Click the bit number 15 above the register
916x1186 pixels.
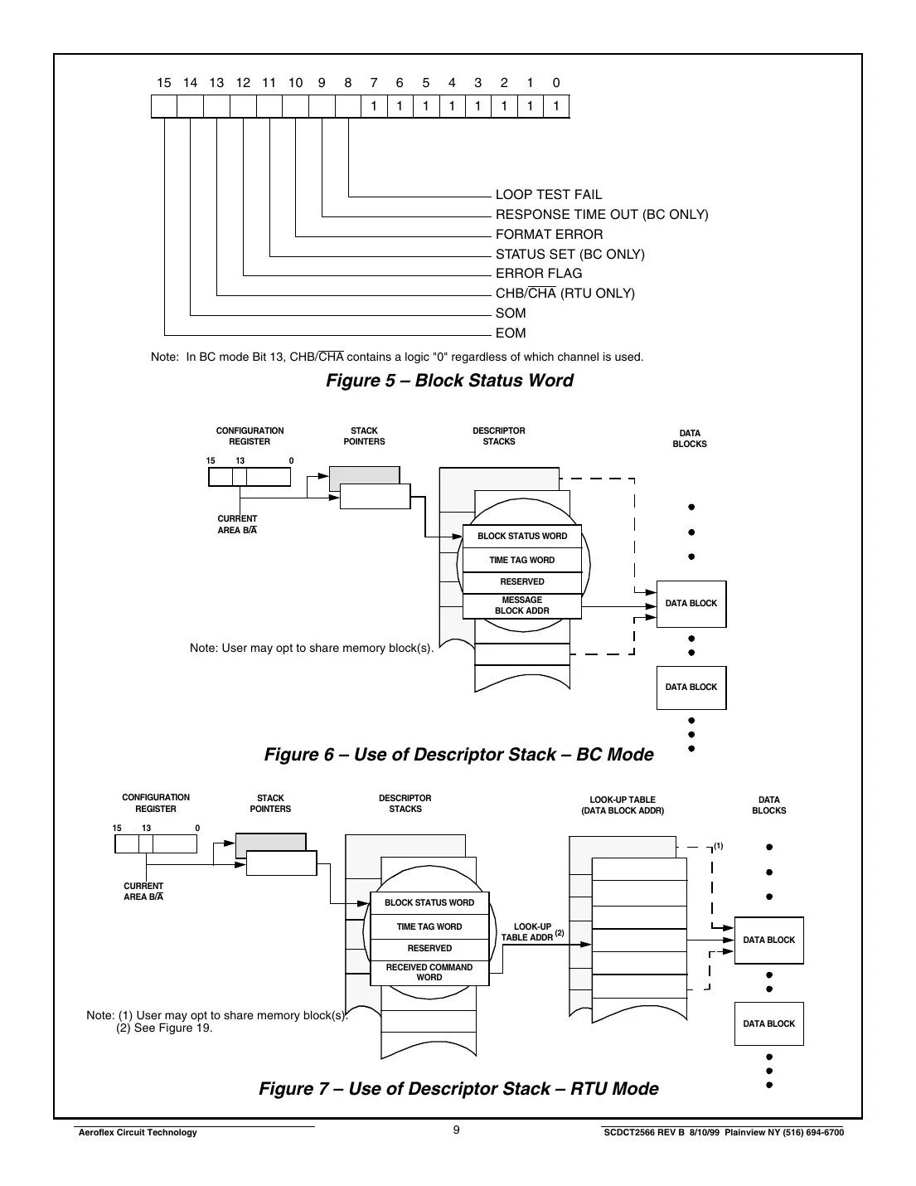coord(164,83)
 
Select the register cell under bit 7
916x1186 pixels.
coord(374,106)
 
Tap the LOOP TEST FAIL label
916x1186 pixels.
coord(549,195)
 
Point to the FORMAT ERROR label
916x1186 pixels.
coord(549,235)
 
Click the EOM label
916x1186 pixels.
coord(511,333)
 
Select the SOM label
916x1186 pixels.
coord(511,314)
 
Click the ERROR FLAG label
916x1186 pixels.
coord(539,274)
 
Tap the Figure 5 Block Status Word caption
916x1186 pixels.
coord(449,381)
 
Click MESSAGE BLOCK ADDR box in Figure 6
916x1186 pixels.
coord(521,605)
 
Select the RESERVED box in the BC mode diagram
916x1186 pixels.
coord(521,582)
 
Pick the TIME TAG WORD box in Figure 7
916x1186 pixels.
coord(429,927)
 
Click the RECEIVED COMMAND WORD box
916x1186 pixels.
coord(429,972)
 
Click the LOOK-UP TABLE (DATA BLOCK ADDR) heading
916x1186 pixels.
coord(622,805)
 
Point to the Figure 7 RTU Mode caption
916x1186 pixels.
coord(458,1089)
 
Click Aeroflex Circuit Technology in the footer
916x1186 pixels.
coord(137,1133)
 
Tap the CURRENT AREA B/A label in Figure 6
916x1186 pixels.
coord(237,524)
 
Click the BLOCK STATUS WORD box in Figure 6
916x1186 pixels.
coord(521,537)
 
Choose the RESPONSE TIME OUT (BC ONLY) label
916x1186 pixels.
coord(602,215)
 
